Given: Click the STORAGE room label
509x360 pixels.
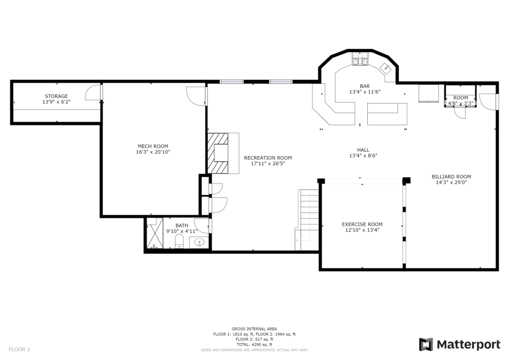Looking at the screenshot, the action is pos(57,96).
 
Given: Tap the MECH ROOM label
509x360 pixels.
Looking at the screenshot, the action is pos(153,146).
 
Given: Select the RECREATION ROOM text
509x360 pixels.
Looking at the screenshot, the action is pos(268,158).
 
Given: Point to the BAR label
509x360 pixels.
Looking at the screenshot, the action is pos(365,87).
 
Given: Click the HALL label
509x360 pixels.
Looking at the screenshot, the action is pos(363,150).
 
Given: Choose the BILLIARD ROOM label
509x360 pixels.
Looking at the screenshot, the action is pos(451,177).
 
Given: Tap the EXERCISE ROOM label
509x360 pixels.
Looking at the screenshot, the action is pos(362,224).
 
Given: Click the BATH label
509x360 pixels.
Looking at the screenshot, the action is pos(182,226).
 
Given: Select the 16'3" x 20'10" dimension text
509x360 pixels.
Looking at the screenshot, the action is pos(153,152).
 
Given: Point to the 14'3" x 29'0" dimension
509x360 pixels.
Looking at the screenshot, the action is pos(451,182).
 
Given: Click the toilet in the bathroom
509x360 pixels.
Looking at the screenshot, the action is pos(179,241).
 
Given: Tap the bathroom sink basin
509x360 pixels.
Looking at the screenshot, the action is pos(199,242).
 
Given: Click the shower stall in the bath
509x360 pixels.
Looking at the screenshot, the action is pos(155,233).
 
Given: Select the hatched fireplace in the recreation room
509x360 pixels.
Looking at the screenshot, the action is pos(218,153).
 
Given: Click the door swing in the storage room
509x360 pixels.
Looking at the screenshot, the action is pos(92,92).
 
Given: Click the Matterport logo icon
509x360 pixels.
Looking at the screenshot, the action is pos(426,345).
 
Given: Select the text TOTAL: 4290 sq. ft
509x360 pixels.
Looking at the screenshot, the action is pos(254,345).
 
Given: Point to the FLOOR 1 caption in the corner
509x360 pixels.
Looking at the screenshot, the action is pos(19,350).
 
